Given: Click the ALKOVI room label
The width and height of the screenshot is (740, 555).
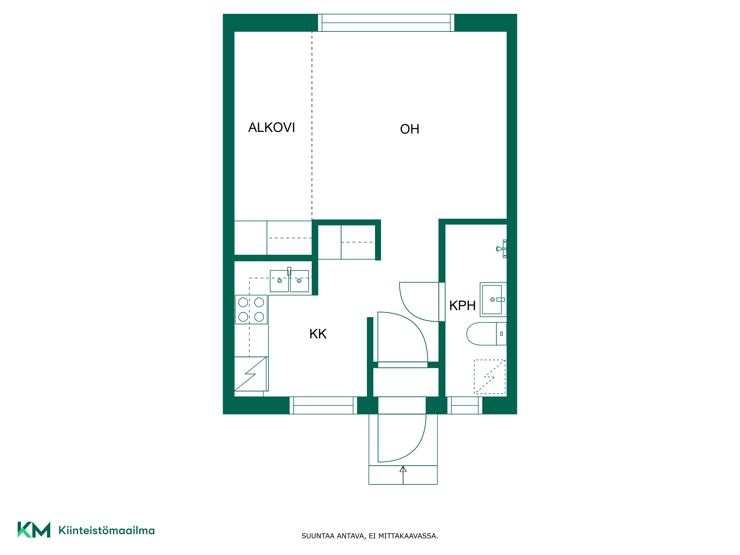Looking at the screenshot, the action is pyautogui.click(x=271, y=127).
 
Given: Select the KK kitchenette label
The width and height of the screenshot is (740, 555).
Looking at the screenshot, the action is pyautogui.click(x=318, y=334).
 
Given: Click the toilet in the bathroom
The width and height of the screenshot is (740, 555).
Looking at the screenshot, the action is pyautogui.click(x=486, y=334).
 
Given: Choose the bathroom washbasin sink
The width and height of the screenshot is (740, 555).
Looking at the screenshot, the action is pyautogui.click(x=493, y=299).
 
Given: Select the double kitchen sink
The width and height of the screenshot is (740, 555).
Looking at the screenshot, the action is pyautogui.click(x=289, y=280).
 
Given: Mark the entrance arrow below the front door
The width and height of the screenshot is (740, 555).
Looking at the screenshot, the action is pyautogui.click(x=403, y=475).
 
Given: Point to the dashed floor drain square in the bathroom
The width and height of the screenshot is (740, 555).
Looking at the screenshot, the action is pyautogui.click(x=490, y=377).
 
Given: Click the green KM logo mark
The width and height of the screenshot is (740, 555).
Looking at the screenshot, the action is pyautogui.click(x=34, y=530).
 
